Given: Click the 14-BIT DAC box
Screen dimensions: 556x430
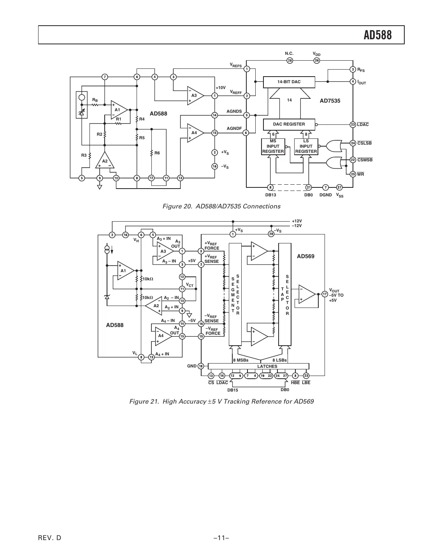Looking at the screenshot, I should point(289,82).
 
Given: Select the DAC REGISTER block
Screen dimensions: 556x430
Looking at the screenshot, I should point(289,124).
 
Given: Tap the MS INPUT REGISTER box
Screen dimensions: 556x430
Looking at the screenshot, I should point(273,147).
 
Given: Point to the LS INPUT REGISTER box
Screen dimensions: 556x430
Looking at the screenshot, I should point(306,147).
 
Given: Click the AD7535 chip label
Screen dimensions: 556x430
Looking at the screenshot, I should point(330,101).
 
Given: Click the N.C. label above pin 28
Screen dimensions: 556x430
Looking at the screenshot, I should point(289,54).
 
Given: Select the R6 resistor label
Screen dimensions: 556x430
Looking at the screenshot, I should point(157,153).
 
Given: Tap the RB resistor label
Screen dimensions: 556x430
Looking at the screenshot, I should point(95,100).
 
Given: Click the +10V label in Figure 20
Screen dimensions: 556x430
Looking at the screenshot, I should point(221,88).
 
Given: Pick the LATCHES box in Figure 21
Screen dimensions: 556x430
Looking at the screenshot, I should point(267,366).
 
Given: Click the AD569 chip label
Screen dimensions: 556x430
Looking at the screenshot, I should point(305,256).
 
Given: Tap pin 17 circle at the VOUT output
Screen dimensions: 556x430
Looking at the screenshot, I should point(325,294).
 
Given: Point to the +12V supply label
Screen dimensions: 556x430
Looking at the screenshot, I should point(297,221).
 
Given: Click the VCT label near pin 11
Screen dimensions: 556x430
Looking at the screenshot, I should point(190,285).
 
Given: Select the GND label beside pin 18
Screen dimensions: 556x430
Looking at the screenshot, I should point(192,366).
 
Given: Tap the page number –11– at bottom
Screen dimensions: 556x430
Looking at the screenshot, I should point(221,538).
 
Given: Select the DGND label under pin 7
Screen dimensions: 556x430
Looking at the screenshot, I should point(325,195).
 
